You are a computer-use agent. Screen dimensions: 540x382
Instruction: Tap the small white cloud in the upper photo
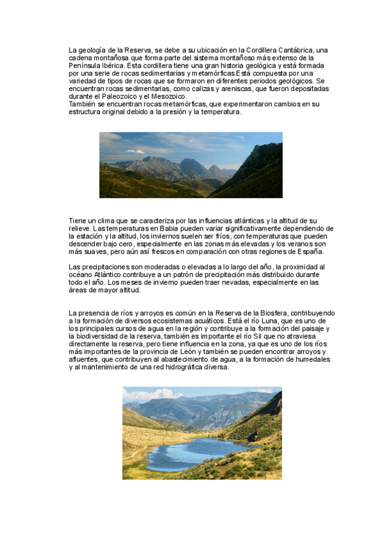(x=135, y=152)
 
